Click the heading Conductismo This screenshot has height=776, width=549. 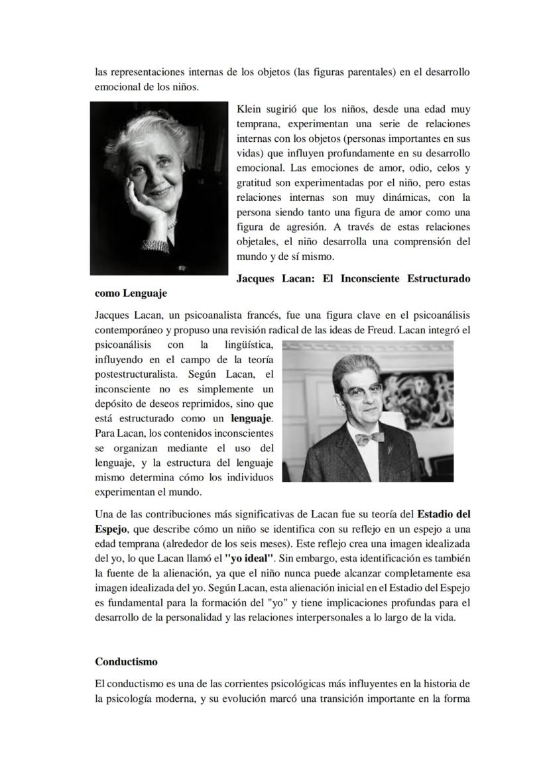click(x=126, y=661)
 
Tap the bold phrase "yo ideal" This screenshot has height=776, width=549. click(x=250, y=559)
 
